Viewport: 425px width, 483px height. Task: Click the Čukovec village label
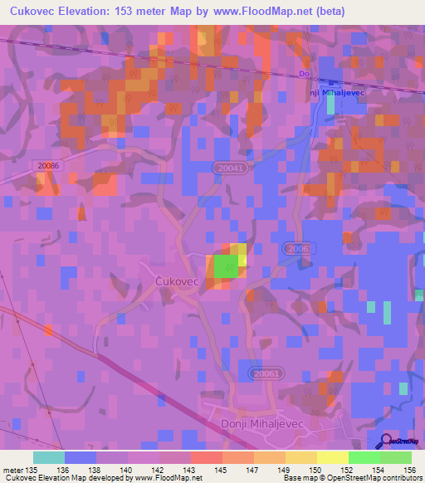click(178, 282)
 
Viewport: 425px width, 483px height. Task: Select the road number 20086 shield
click(49, 166)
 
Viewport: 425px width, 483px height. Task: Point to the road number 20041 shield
click(228, 168)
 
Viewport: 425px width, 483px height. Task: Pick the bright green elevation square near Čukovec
click(225, 267)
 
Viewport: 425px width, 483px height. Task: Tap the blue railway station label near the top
click(336, 92)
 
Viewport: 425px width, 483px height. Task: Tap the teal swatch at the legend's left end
click(49, 456)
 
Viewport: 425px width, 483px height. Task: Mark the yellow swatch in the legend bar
click(332, 456)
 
